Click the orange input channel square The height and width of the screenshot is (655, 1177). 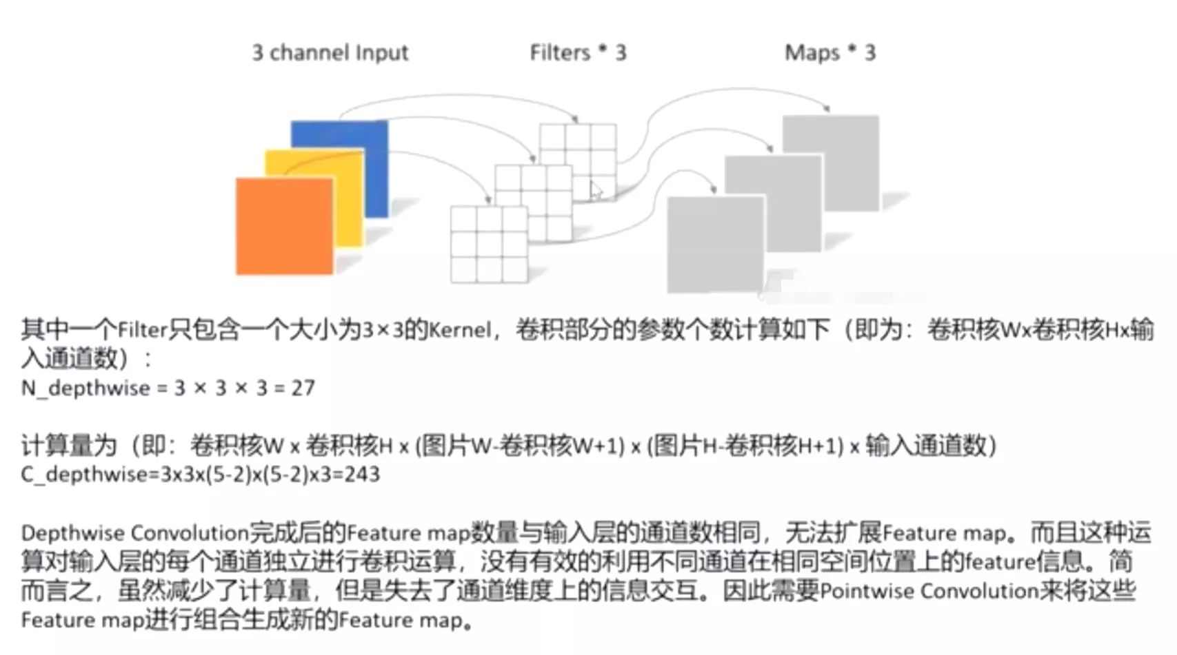tap(284, 226)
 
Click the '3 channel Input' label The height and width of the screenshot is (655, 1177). tap(330, 52)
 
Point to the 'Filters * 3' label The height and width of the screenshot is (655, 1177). tap(578, 52)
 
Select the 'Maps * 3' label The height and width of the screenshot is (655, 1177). tap(829, 52)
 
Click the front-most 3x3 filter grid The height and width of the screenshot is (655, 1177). tap(489, 245)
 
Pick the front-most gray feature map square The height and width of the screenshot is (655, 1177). tap(715, 244)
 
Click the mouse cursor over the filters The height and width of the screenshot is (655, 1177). tap(596, 191)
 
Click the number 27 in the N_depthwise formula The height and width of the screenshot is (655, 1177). tap(303, 388)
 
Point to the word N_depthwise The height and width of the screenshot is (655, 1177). tap(85, 388)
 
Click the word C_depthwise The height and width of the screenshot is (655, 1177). tap(84, 474)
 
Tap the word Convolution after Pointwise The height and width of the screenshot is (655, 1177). tap(979, 590)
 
